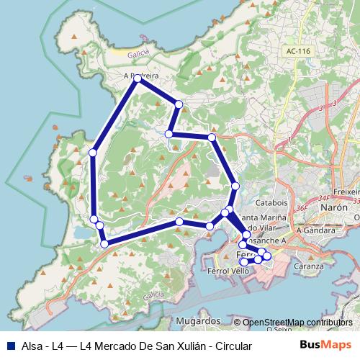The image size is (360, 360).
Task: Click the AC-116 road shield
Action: click(297, 51)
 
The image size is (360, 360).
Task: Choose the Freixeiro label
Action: click(346, 193)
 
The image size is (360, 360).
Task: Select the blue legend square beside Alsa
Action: click(10, 346)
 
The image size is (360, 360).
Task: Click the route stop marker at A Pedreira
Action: click(137, 78)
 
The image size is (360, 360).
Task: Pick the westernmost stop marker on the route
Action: click(93, 152)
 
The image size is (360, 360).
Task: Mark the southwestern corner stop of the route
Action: click(104, 244)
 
